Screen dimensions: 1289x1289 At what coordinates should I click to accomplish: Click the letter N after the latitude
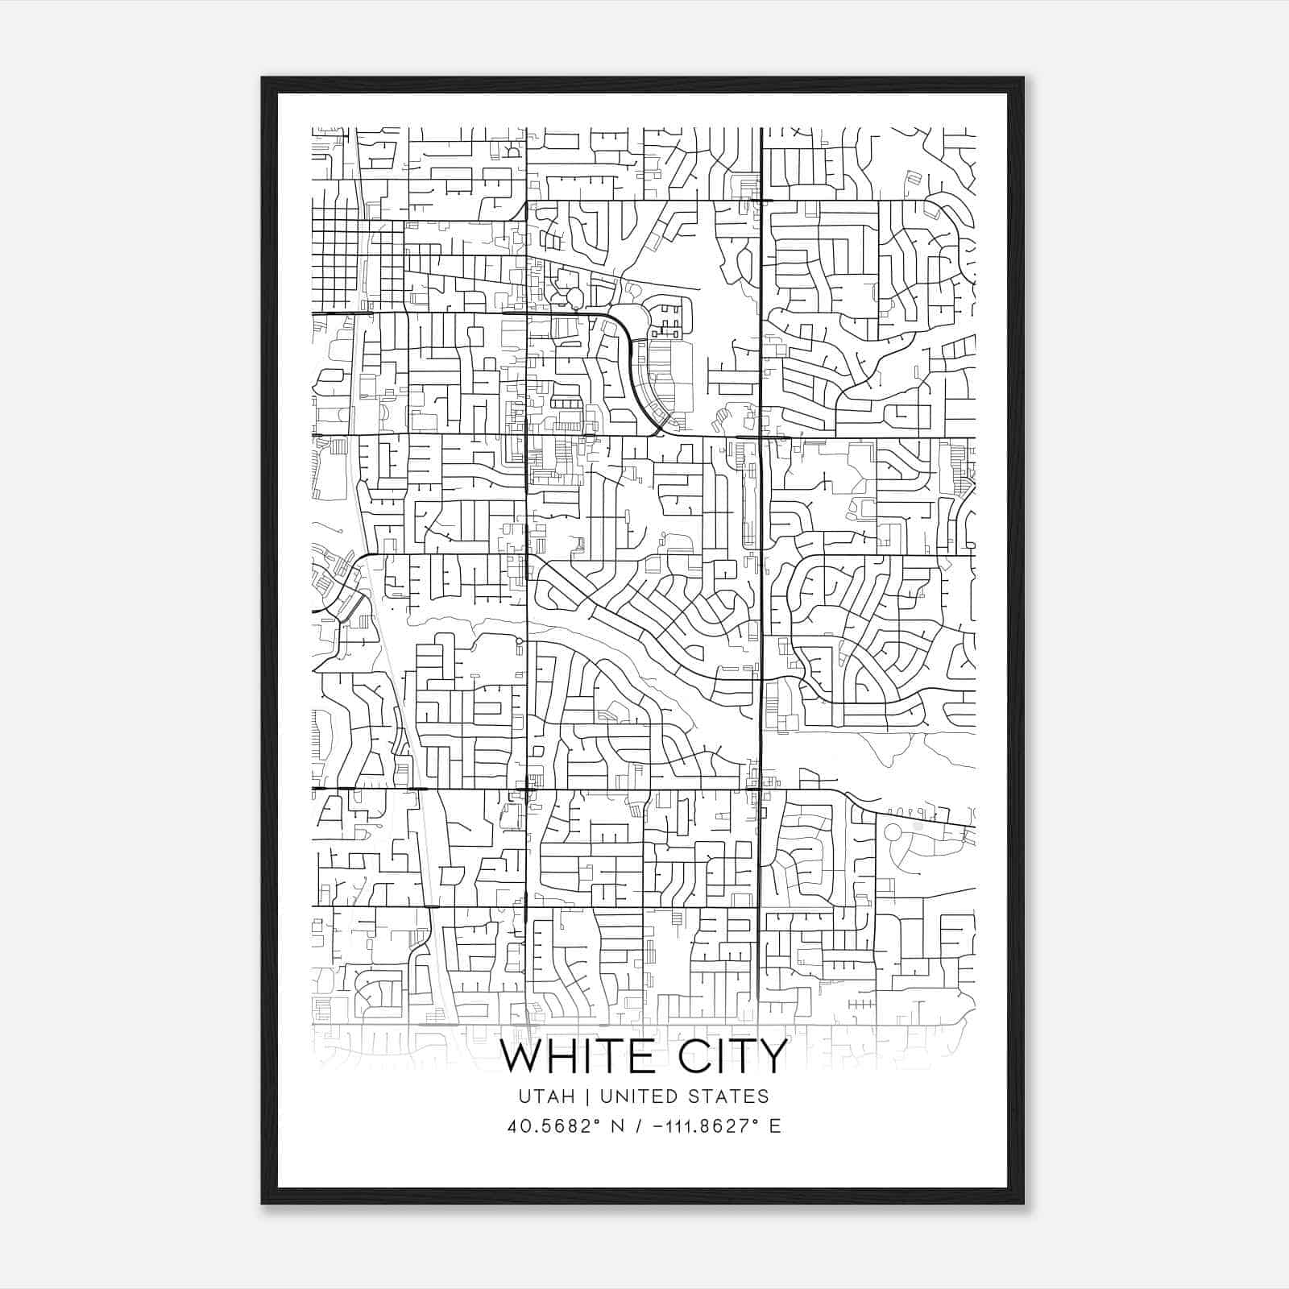click(618, 1126)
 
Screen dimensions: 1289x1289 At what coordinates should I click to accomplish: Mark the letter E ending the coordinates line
click(775, 1126)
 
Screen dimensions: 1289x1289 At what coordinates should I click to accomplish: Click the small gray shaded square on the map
click(918, 826)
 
